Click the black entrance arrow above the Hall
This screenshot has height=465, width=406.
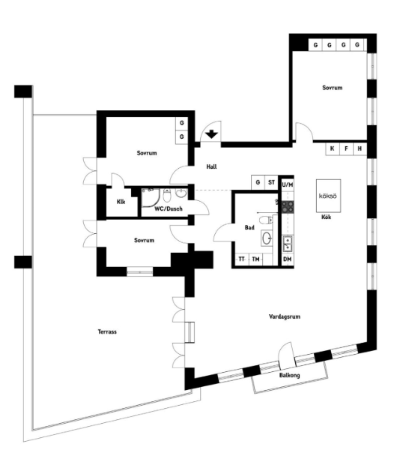(x=212, y=135)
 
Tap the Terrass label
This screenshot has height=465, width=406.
(x=108, y=331)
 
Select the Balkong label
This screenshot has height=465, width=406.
(x=290, y=375)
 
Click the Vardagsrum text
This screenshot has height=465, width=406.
(x=285, y=317)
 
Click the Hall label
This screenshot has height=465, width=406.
(x=212, y=168)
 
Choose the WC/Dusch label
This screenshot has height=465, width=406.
(x=168, y=209)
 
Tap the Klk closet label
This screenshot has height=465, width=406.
(x=121, y=202)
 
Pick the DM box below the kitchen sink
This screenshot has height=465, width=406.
(x=287, y=259)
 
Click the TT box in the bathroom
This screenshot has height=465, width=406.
(x=241, y=259)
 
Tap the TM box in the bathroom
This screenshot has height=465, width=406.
(x=256, y=259)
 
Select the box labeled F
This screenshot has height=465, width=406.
(x=346, y=148)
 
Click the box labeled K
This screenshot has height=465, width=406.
(x=331, y=148)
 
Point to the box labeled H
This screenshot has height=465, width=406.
(x=360, y=148)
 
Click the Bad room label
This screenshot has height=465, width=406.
(x=249, y=227)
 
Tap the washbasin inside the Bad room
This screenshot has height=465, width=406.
(x=266, y=238)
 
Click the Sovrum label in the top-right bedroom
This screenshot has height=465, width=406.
(x=332, y=88)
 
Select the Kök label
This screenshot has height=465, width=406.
(x=326, y=217)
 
